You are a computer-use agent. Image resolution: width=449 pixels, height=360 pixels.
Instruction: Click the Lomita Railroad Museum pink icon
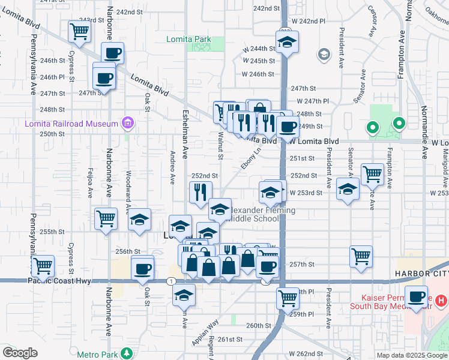(127, 124)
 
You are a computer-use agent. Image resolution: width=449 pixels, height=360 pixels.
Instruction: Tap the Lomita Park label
(188, 40)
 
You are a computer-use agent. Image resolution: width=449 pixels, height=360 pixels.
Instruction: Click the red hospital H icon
(440, 299)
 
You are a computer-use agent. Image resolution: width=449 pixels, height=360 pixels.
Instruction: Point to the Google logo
(20, 353)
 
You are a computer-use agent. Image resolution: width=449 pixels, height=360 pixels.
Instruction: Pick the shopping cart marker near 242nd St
(79, 31)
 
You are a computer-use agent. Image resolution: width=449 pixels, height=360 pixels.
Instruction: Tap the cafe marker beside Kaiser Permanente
(416, 296)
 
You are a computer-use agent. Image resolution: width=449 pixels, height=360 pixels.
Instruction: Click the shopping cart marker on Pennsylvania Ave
(43, 265)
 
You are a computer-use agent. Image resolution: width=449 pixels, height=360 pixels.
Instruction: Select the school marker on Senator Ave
(348, 190)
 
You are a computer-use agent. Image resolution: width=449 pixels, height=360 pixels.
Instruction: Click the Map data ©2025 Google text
(411, 355)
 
